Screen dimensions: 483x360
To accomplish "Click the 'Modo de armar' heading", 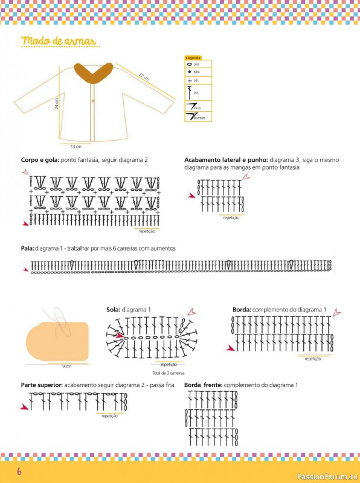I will pyautogui.click(x=59, y=41).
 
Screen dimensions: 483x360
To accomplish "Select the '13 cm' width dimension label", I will pyautogui.click(x=76, y=146).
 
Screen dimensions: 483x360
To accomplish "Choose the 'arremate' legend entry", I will pyautogui.click(x=199, y=118).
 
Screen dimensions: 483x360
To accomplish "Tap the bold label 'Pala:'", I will pyautogui.click(x=27, y=249).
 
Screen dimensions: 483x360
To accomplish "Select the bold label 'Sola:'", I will pyautogui.click(x=114, y=310).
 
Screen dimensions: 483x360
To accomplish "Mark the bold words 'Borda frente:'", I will pyautogui.click(x=203, y=385).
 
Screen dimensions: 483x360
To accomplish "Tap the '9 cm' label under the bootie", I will pyautogui.click(x=67, y=366).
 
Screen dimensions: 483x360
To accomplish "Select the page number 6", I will pyautogui.click(x=19, y=471).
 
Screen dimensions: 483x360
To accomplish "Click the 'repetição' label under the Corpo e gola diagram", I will pyautogui.click(x=147, y=231).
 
